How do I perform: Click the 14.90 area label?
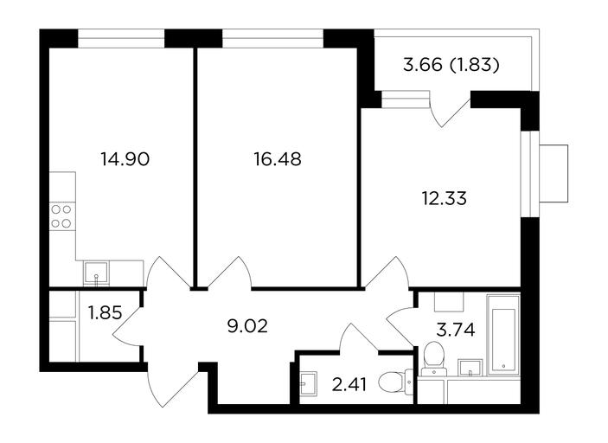(125, 159)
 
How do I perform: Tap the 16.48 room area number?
(278, 159)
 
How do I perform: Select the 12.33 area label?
(444, 198)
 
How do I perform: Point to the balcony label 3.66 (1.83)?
(451, 65)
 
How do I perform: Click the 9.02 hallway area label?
(247, 326)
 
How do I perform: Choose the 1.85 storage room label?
(106, 312)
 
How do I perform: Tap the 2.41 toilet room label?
(349, 385)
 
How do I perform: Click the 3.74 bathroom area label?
(456, 331)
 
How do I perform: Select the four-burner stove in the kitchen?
(62, 216)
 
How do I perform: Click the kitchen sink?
(96, 273)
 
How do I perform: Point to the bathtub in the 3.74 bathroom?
(503, 335)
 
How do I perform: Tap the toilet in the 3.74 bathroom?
(433, 359)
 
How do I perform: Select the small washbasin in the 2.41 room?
(308, 383)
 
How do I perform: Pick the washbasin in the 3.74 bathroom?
(470, 368)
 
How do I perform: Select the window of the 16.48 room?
(272, 38)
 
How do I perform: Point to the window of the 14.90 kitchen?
(121, 38)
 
